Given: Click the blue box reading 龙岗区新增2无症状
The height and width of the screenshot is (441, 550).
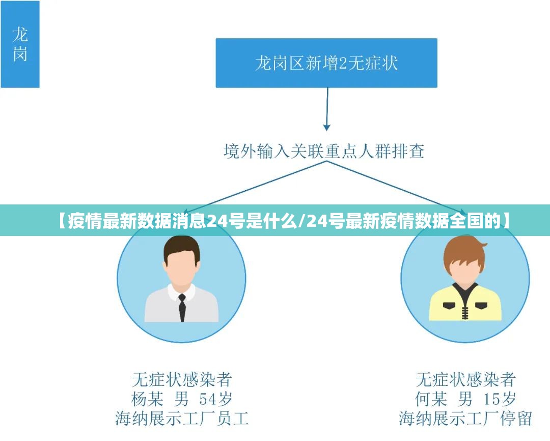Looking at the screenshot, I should [326, 63].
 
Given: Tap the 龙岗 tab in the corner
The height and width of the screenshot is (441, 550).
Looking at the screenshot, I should [20, 44].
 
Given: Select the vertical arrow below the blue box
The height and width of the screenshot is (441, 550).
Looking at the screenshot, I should [326, 109].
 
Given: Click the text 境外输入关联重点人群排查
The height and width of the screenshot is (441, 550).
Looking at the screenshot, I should [324, 151].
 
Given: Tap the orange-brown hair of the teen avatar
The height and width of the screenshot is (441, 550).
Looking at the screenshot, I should [464, 250].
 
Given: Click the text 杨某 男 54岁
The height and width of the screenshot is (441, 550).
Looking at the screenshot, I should [182, 399].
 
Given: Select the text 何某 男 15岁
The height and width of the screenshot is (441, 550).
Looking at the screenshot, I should [465, 399].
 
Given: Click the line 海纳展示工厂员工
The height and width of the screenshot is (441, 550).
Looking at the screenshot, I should [182, 419].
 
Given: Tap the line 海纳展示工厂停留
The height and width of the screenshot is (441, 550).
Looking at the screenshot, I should [465, 419].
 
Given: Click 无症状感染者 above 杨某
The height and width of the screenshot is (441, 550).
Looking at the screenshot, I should [182, 379].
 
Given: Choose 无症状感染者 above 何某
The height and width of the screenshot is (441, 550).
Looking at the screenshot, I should [465, 379].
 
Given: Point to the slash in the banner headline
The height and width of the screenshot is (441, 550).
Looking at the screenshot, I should [304, 220].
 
